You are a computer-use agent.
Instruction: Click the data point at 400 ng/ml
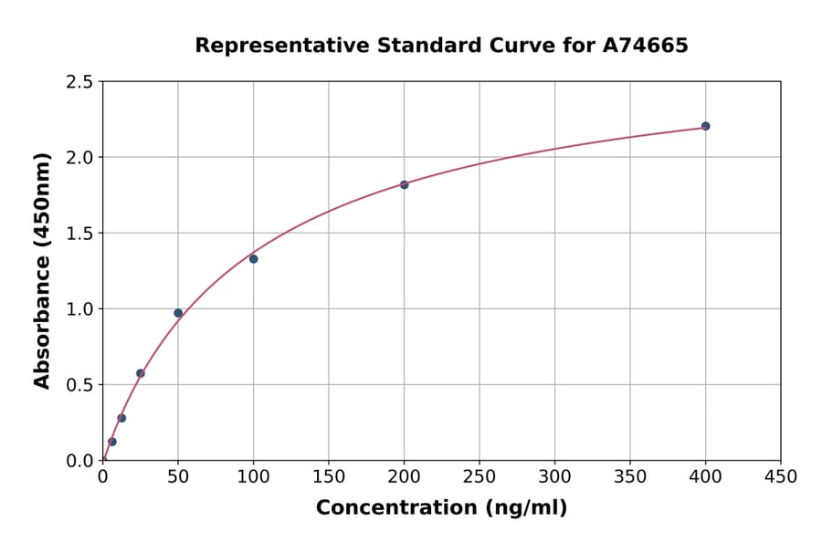point(705,126)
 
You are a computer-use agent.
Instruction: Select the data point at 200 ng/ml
point(404,184)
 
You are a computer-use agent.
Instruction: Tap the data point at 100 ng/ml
point(253,259)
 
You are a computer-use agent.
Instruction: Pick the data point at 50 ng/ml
point(178,313)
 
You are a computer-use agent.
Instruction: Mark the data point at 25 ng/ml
point(141,373)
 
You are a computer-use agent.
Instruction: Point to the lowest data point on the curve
point(112,442)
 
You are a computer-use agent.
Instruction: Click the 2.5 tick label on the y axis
point(79,82)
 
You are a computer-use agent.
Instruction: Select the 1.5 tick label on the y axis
point(79,234)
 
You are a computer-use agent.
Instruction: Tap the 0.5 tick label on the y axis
point(79,385)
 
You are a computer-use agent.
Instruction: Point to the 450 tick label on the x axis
point(780,476)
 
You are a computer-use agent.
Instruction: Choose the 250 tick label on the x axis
point(479,476)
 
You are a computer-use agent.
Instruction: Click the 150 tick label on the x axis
point(329,476)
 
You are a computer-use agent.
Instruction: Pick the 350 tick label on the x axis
point(630,476)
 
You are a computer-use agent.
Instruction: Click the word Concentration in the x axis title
point(396,508)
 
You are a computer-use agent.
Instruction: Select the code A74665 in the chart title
point(645,45)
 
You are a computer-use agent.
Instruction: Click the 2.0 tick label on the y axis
point(79,158)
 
